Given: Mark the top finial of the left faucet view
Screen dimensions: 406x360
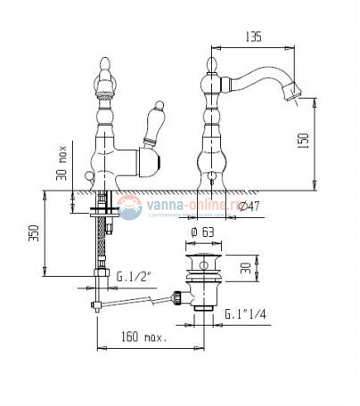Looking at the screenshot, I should [x=102, y=66].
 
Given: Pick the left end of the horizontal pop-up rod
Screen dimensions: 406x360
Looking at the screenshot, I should [x=93, y=309].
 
